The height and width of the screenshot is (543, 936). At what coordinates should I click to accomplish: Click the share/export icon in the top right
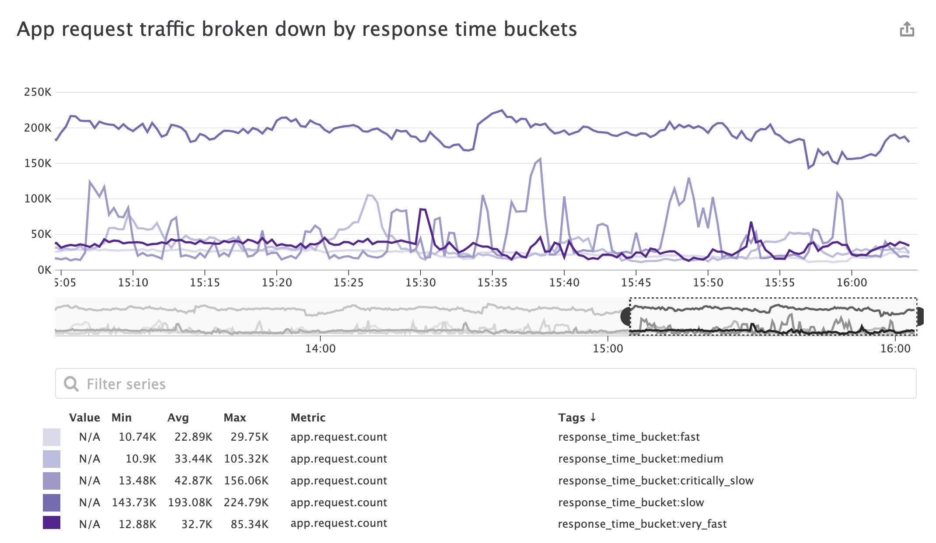point(907,29)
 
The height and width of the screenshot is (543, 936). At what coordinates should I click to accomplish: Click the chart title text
point(297,29)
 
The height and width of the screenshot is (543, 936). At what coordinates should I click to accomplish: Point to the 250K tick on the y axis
point(38,92)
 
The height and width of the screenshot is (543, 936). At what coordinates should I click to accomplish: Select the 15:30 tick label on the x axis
point(420,283)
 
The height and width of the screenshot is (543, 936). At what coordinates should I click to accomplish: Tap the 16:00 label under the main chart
point(852,283)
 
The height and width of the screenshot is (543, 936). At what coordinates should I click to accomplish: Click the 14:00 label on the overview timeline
point(320,348)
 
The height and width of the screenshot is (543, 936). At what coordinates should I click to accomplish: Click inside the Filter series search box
point(485,384)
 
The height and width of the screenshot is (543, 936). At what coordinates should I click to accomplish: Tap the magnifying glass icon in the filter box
point(71,384)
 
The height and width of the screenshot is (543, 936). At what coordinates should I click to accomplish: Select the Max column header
point(234,418)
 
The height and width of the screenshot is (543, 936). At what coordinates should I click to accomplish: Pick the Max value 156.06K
point(246,480)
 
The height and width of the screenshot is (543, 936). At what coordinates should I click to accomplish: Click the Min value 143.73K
point(134,502)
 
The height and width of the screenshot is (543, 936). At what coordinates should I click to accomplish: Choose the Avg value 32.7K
point(196,524)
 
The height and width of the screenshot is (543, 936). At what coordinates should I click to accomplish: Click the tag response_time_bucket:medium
point(640,459)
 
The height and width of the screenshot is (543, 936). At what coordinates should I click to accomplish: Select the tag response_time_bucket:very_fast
point(642,524)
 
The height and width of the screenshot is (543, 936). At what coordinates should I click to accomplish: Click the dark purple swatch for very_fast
point(52,523)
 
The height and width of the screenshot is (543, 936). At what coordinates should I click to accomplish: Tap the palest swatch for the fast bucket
point(52,437)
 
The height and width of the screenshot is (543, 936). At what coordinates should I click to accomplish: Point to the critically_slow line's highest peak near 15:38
point(541,160)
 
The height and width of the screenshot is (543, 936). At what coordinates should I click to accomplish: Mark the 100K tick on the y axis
point(38,199)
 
